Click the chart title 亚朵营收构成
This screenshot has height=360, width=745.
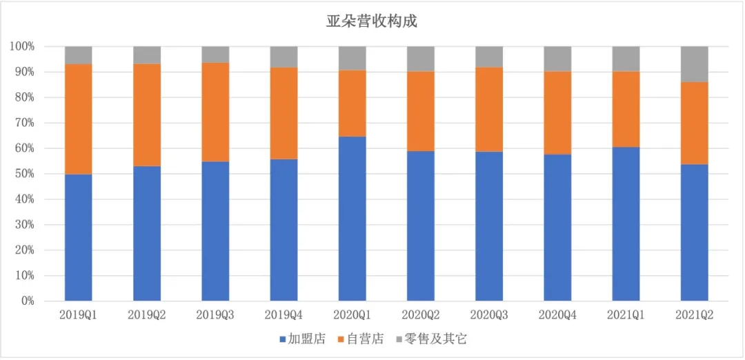coord(372,21)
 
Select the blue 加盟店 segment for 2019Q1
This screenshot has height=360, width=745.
coord(78,237)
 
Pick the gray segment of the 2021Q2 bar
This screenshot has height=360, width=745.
coord(694,64)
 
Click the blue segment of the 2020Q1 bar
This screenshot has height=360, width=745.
coord(352,219)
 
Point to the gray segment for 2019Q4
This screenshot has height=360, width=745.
coord(284,57)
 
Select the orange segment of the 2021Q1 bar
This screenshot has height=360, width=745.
coord(626,109)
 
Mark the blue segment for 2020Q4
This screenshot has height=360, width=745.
coord(557,228)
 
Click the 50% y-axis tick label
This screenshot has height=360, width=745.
coord(24,174)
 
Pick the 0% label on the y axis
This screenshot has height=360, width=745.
coord(27,301)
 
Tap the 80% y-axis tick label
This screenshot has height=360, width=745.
coord(24,98)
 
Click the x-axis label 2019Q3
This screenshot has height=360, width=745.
coord(215,315)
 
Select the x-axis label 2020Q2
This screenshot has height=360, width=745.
coord(421,315)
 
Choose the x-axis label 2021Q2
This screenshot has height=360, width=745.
coord(694,315)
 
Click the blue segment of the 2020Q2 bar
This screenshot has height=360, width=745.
coord(421,226)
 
